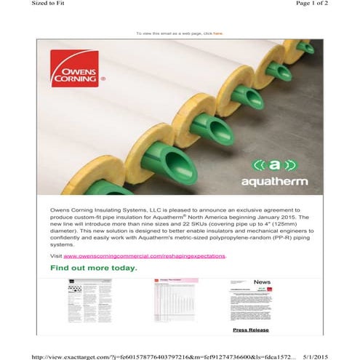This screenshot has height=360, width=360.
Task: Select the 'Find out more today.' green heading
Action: click(94, 268)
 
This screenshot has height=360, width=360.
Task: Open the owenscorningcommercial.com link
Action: click(145, 256)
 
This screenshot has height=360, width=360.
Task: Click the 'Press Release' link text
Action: click(251, 329)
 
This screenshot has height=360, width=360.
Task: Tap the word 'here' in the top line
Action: click(218, 33)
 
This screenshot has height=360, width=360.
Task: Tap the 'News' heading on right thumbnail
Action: click(262, 282)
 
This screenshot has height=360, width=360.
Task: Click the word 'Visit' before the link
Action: click(56, 256)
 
